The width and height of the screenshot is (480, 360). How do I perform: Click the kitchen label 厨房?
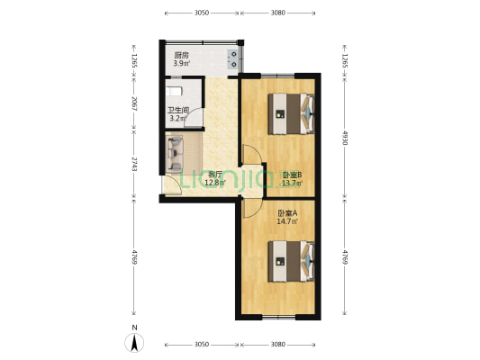tap(181, 55)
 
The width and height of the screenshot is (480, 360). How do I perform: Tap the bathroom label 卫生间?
tap(177, 110)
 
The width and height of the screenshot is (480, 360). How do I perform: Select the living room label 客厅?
tap(215, 175)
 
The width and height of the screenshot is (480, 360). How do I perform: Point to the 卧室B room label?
tap(292, 175)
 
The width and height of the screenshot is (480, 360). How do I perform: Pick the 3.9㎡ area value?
tap(182, 64)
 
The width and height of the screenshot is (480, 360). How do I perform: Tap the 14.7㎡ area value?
tap(286, 221)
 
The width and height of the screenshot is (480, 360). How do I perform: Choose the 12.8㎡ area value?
tap(215, 184)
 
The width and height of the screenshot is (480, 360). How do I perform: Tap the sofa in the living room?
tap(175, 154)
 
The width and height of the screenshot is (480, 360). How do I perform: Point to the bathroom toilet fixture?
tap(174, 92)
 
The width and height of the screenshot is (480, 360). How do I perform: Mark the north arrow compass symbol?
tap(133, 341)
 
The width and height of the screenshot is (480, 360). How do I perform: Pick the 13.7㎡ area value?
tap(292, 184)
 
